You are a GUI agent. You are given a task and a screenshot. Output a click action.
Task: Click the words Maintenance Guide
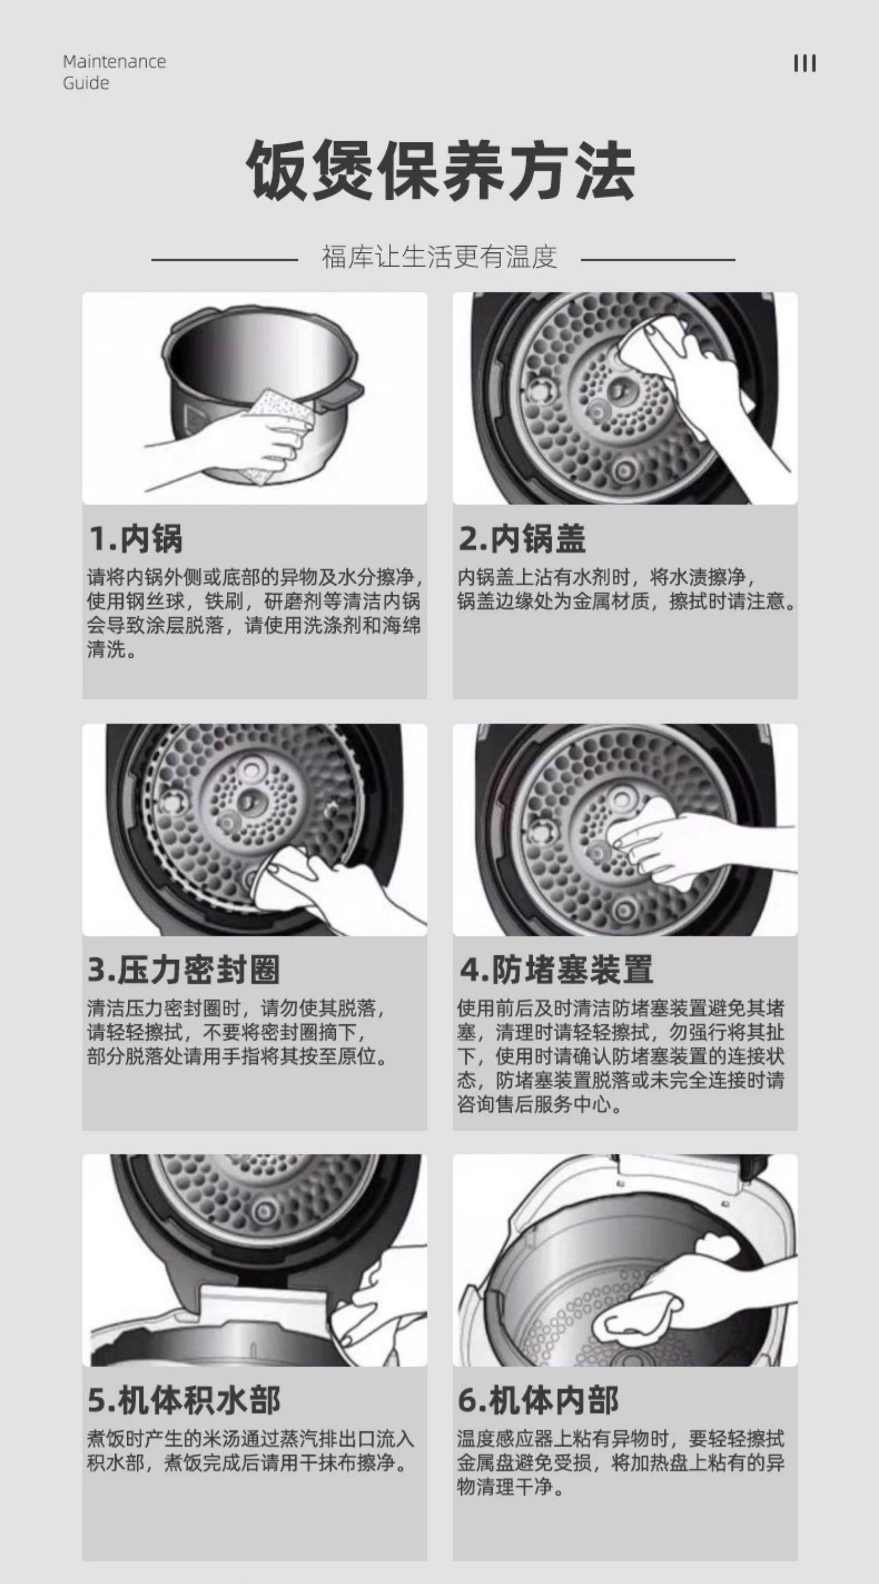point(114,72)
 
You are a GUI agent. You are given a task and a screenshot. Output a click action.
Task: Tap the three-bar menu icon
point(805,63)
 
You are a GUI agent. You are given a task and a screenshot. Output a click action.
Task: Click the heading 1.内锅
point(135,539)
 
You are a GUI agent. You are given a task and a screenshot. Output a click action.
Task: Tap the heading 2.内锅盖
point(522,539)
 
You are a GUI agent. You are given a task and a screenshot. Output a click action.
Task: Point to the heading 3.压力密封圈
point(183,970)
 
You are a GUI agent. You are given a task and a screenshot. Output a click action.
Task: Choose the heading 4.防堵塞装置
point(556,970)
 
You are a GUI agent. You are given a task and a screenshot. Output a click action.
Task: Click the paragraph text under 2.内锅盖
point(626,590)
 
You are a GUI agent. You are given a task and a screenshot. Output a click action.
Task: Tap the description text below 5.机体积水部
point(251,1452)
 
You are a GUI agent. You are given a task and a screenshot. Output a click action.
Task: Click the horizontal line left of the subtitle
point(224,260)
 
